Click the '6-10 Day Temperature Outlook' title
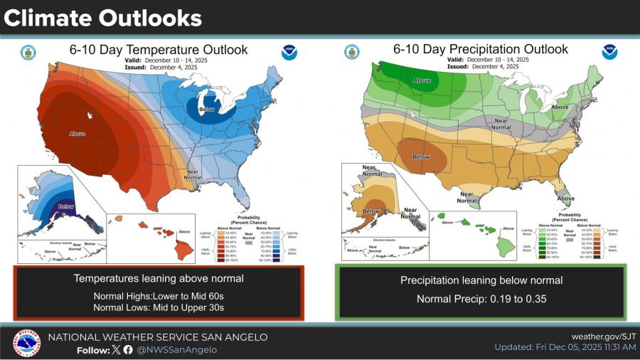(x=158, y=50)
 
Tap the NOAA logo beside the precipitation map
(x=609, y=52)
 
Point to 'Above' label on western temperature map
(x=78, y=134)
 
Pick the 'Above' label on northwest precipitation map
(x=422, y=80)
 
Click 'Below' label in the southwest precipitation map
(x=422, y=156)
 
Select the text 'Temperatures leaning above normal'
(x=159, y=279)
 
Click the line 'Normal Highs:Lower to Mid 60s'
(x=159, y=295)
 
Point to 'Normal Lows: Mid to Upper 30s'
(x=159, y=307)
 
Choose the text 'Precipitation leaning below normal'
(x=481, y=280)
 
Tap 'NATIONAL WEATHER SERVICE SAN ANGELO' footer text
(x=158, y=337)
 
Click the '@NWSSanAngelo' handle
(x=176, y=349)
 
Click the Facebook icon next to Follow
(x=128, y=349)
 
